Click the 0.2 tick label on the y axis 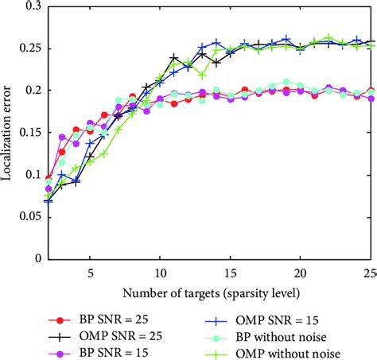tap(32, 91)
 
